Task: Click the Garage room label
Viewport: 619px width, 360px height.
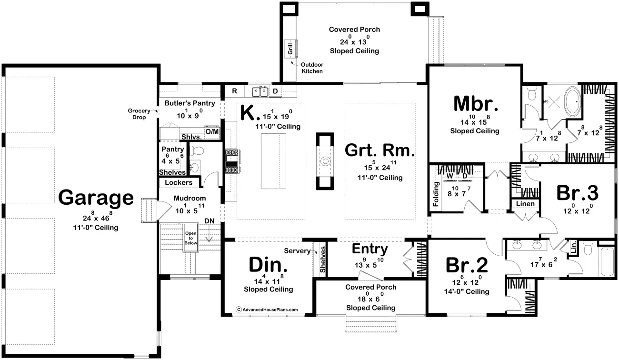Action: [96, 198]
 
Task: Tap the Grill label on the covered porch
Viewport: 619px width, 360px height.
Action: [290, 49]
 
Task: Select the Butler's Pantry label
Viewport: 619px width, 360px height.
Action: [190, 103]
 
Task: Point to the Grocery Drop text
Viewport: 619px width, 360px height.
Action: [139, 114]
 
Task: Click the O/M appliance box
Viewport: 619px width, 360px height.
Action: [212, 131]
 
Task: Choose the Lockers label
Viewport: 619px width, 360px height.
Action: [179, 183]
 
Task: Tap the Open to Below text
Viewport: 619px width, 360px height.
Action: [190, 238]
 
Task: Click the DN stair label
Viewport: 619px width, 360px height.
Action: [209, 221]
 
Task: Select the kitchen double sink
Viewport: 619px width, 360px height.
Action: [260, 92]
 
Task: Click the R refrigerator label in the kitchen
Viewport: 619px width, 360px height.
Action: [234, 91]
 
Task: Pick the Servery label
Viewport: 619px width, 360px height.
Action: [297, 251]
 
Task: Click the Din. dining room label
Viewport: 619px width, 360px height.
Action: [268, 265]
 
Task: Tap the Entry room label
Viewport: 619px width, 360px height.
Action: [370, 249]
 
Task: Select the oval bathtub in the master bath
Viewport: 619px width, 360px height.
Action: [572, 101]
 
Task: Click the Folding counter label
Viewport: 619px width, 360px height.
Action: [436, 194]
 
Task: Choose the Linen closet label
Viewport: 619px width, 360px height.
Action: [525, 204]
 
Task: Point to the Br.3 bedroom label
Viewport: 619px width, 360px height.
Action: [577, 193]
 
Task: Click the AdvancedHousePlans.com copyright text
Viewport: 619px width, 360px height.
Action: [267, 310]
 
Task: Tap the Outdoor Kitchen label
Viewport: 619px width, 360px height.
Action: [312, 68]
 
